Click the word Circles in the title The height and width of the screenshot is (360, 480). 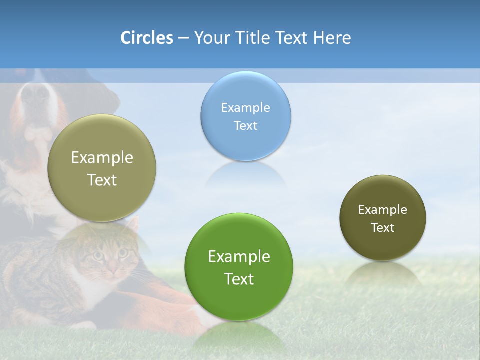(146, 38)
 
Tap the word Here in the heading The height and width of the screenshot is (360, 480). (332, 38)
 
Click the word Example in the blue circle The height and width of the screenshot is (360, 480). (245, 108)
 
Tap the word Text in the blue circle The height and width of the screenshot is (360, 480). (245, 126)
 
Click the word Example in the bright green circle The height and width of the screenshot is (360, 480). (239, 257)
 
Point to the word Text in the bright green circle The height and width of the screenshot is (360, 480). (239, 279)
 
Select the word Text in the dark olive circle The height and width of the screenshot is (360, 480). (382, 228)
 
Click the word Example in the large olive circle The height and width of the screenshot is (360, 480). (102, 158)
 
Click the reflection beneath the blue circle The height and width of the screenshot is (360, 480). (246, 175)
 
